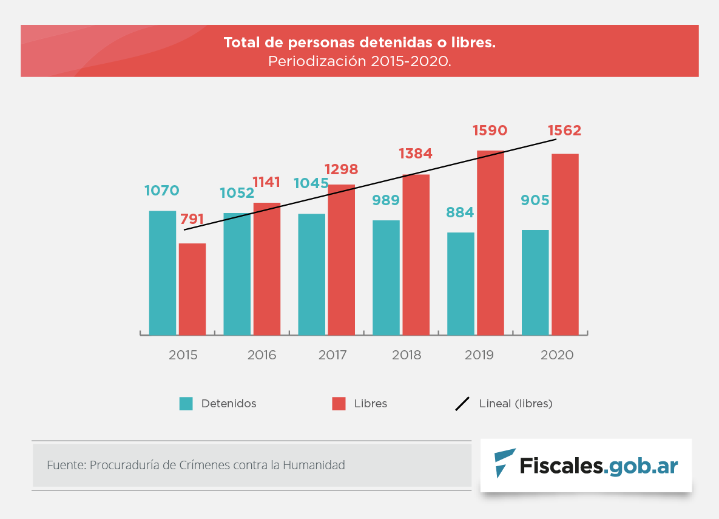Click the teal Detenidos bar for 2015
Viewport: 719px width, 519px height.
pyautogui.click(x=163, y=273)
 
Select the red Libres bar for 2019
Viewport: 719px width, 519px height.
pyautogui.click(x=490, y=242)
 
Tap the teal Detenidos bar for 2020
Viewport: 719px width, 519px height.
pyautogui.click(x=535, y=282)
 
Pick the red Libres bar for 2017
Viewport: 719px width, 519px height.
pyautogui.click(x=342, y=259)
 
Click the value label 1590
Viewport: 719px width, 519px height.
pyautogui.click(x=490, y=131)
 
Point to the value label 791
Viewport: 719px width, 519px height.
pyautogui.click(x=192, y=220)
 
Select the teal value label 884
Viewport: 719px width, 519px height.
pyautogui.click(x=460, y=212)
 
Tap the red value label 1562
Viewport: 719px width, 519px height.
pyautogui.click(x=564, y=131)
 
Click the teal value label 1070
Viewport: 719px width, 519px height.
pyautogui.click(x=162, y=191)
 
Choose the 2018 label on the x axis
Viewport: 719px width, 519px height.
pyautogui.click(x=407, y=355)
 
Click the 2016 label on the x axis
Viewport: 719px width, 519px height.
pyautogui.click(x=262, y=355)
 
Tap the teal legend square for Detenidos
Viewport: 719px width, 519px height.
pyautogui.click(x=186, y=404)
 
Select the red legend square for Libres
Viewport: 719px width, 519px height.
pyautogui.click(x=339, y=404)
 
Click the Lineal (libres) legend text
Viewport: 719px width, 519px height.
pyautogui.click(x=516, y=404)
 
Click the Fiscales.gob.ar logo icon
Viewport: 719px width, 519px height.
pyautogui.click(x=504, y=464)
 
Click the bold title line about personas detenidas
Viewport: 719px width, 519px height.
pyautogui.click(x=359, y=43)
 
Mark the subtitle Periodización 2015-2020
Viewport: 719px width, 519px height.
pyautogui.click(x=359, y=61)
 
